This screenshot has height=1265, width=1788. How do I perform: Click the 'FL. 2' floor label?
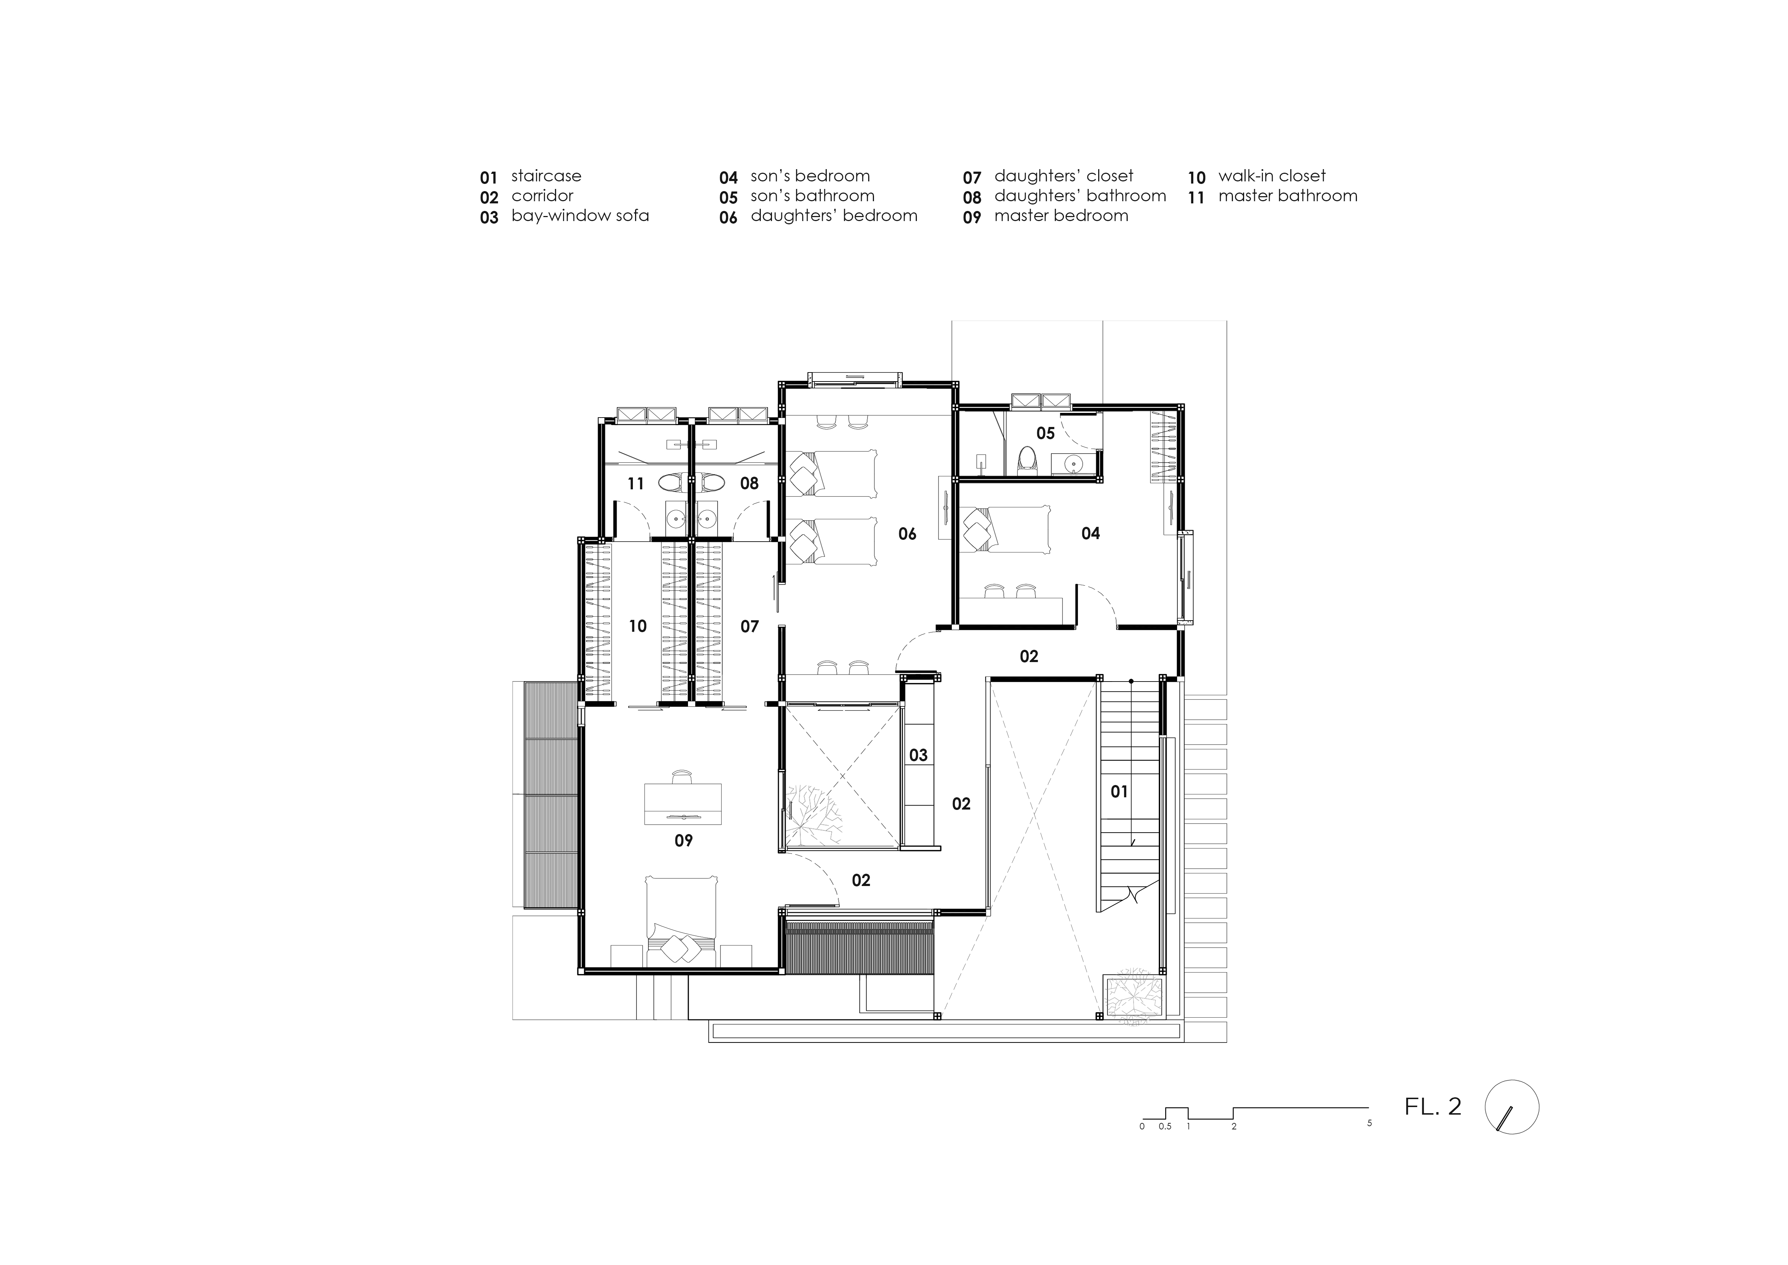pos(1433,1107)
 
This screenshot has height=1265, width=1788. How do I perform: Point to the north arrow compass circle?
pos(1512,1107)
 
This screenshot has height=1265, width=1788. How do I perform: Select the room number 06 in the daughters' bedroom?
pos(907,534)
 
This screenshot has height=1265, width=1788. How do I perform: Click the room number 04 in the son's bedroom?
pos(1090,534)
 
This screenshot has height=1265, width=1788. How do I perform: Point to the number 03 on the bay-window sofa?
pos(918,755)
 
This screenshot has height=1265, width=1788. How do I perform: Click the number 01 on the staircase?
pos(1119,792)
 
